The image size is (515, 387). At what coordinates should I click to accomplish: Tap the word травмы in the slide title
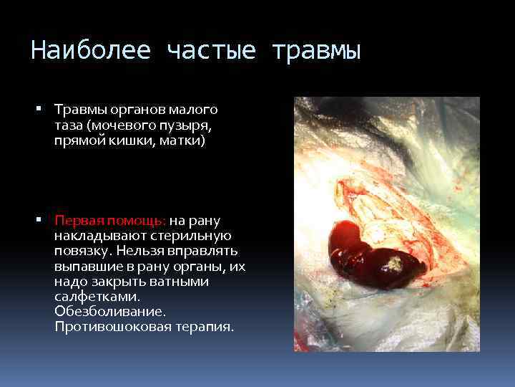tap(315, 52)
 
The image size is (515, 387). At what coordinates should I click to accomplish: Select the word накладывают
tap(94, 236)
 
